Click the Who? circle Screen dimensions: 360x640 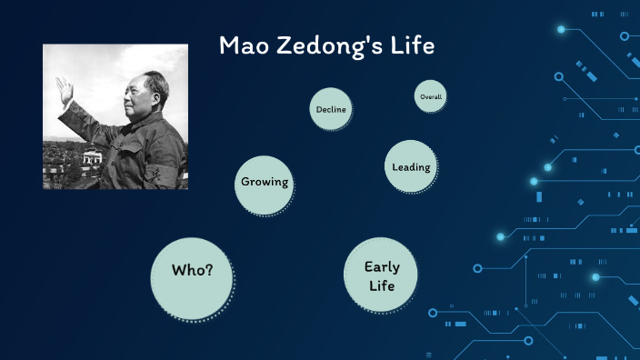pos(193,271)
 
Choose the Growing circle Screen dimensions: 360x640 pos(264,181)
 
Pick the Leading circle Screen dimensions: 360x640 pos(411,166)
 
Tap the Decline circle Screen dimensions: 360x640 pos(330,109)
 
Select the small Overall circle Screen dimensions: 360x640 pos(430,95)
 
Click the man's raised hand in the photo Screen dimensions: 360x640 pos(63,89)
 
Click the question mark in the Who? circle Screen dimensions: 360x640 pos(209,271)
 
